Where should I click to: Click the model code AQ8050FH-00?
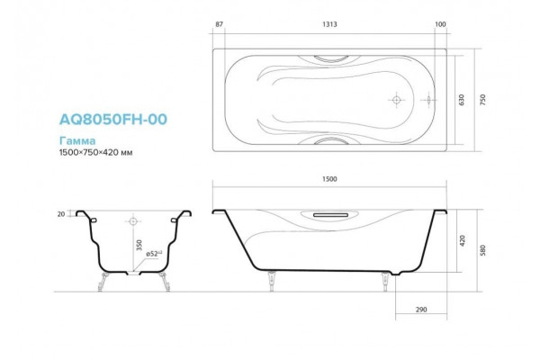[113, 119]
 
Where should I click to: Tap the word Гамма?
[77, 140]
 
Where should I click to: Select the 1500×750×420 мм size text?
[95, 152]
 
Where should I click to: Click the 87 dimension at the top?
[219, 24]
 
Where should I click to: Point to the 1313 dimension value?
[329, 24]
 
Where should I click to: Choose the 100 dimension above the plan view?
[440, 24]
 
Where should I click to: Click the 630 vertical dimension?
[462, 100]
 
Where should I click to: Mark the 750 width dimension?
[482, 100]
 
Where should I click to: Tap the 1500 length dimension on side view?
[329, 179]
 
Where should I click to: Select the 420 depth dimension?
[463, 240]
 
